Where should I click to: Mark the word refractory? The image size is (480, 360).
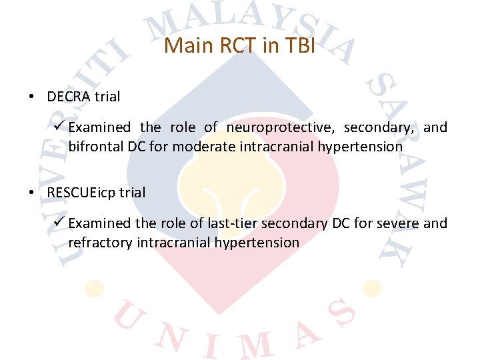[100, 242]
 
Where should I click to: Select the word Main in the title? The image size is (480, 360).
[181, 46]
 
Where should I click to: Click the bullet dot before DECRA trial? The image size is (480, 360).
[32, 97]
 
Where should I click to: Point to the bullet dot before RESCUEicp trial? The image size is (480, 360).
[32, 193]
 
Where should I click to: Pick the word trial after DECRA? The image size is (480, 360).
[107, 97]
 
